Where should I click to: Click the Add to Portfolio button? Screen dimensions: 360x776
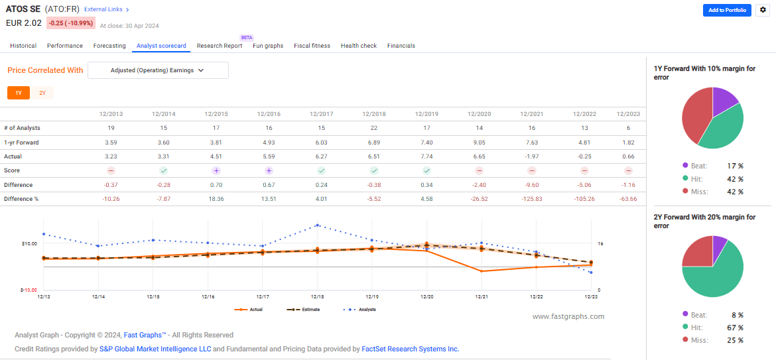point(726,10)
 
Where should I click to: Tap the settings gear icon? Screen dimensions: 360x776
point(762,10)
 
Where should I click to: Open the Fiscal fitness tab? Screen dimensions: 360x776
point(312,46)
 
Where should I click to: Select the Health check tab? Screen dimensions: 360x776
point(359,46)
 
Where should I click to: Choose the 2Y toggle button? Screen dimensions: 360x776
point(42,93)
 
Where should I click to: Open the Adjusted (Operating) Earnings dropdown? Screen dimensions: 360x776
point(158,70)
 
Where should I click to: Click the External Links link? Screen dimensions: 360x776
point(107,10)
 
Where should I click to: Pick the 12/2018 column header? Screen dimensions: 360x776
point(374,114)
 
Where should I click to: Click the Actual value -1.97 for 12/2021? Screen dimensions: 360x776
point(533,156)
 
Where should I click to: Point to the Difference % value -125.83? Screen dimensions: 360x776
point(533,198)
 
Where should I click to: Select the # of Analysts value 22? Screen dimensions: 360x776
point(374,127)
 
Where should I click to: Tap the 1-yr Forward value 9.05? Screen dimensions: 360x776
point(480,142)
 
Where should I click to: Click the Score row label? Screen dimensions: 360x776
point(12,170)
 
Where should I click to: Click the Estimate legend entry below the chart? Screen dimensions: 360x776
point(303,310)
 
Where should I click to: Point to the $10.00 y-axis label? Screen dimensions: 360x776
point(29,244)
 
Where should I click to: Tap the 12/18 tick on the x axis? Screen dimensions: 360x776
point(317,297)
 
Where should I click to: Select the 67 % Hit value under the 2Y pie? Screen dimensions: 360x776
point(735,328)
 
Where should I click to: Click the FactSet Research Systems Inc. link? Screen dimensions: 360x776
point(410,349)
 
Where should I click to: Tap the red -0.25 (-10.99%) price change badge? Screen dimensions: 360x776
point(70,23)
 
